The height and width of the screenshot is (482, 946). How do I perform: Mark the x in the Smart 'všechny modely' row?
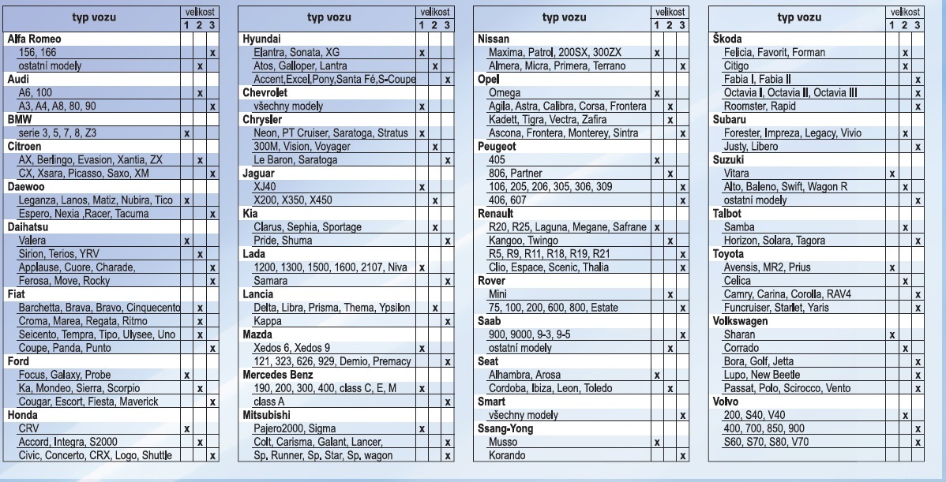(x=681, y=415)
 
